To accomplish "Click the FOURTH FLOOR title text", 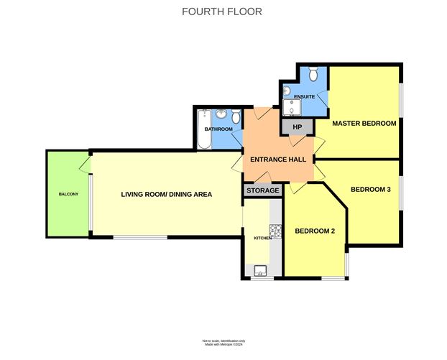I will [223, 11].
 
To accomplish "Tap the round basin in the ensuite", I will [285, 91].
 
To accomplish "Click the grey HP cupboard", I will [297, 127].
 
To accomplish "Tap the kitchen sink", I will [259, 270].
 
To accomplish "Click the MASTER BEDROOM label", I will [364, 124].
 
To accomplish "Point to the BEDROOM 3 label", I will [371, 190].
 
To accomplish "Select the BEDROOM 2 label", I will [315, 231].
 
